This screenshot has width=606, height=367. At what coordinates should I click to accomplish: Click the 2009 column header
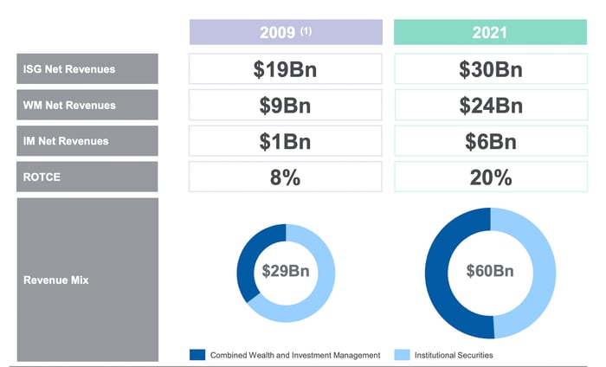(285, 33)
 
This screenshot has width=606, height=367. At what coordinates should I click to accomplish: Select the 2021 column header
(490, 33)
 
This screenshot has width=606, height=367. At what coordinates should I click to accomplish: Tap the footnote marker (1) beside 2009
(306, 30)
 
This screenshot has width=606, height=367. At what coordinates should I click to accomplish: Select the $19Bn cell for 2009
(285, 69)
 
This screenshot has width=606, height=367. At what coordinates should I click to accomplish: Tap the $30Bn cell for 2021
(490, 69)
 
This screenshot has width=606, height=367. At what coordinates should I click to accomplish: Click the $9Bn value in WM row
(285, 106)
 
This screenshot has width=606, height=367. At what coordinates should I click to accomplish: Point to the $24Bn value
(490, 106)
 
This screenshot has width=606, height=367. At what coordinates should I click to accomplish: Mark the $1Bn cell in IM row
(285, 141)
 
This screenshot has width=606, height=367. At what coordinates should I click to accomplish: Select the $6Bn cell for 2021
(490, 141)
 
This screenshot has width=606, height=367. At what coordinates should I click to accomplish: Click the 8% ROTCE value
(285, 177)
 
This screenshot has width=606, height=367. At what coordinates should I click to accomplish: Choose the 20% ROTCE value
(490, 177)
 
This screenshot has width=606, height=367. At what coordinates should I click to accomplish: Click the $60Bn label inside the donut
(490, 271)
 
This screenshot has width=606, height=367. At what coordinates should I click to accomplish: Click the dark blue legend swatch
(197, 354)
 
